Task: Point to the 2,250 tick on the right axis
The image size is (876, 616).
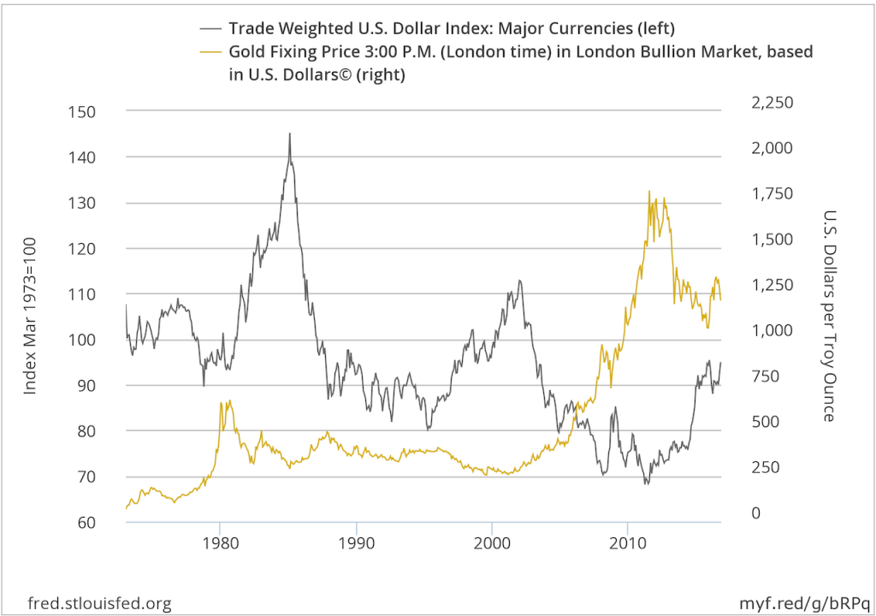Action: pos(772,103)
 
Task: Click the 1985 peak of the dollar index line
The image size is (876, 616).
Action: pos(289,133)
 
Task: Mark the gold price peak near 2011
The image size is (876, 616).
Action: pos(649,192)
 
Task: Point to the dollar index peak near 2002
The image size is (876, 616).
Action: pos(518,281)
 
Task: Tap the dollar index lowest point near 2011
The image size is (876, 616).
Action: pos(647,484)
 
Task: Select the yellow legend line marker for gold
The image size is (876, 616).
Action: pos(210,52)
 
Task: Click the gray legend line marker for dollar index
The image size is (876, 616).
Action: pos(210,28)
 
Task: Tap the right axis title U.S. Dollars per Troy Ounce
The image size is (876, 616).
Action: pos(827,316)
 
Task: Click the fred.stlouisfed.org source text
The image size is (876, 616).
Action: pos(99,603)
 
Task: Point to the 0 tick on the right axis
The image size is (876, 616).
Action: pos(755,512)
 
